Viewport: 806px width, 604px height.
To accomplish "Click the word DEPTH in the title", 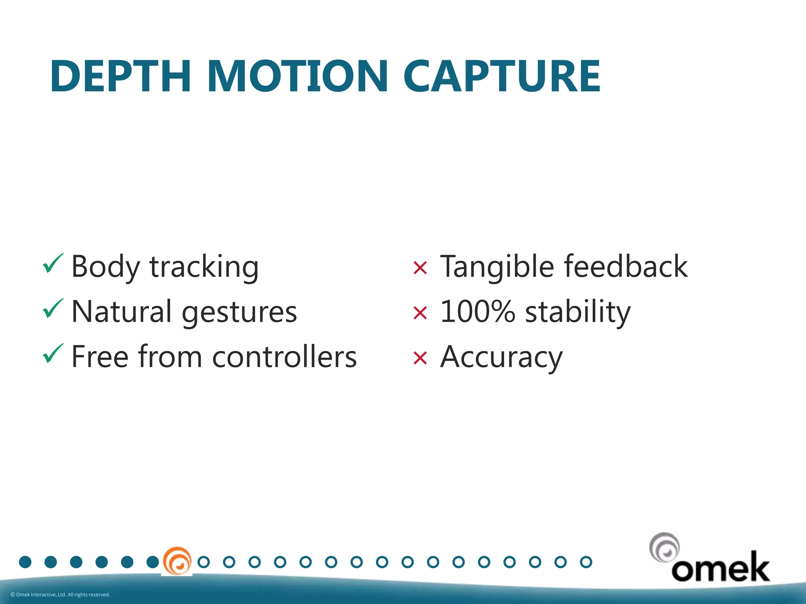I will pyautogui.click(x=120, y=76).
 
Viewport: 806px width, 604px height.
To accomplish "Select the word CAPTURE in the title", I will pyautogui.click(x=502, y=76).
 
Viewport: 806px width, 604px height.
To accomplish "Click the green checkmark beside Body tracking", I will pyautogui.click(x=53, y=263).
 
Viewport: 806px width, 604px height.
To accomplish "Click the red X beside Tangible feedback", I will pyautogui.click(x=420, y=268).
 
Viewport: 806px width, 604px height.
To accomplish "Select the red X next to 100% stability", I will pyautogui.click(x=420, y=313).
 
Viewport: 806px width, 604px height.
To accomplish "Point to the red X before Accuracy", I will pyautogui.click(x=420, y=358).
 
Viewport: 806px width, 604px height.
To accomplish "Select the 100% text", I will pyautogui.click(x=477, y=311).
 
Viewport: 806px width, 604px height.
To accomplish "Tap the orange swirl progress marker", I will pyautogui.click(x=177, y=561).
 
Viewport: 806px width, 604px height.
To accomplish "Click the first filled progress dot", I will pyautogui.click(x=25, y=562).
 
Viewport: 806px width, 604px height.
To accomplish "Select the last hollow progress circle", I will pyautogui.click(x=586, y=562).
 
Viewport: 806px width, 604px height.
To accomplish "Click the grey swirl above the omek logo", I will pyautogui.click(x=664, y=548).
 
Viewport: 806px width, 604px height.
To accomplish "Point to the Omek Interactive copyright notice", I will pyautogui.click(x=60, y=595).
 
